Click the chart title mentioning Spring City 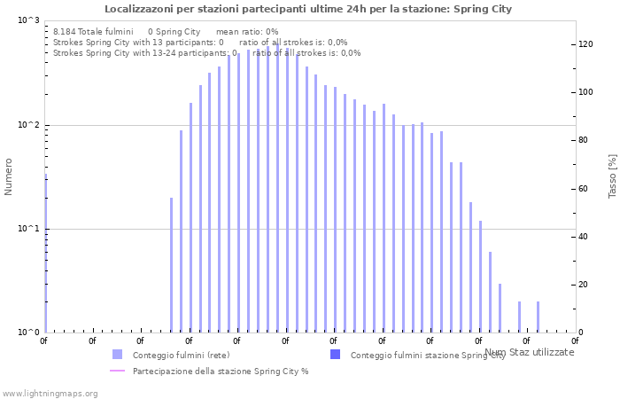(308, 9)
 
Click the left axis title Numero (9, 176)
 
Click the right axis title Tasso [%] (612, 176)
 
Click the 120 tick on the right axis (585, 44)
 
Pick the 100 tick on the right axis (585, 92)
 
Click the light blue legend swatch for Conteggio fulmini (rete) (117, 355)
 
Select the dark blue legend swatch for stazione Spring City (335, 355)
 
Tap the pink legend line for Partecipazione (117, 371)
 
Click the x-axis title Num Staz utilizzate (529, 352)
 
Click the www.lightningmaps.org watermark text (50, 393)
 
